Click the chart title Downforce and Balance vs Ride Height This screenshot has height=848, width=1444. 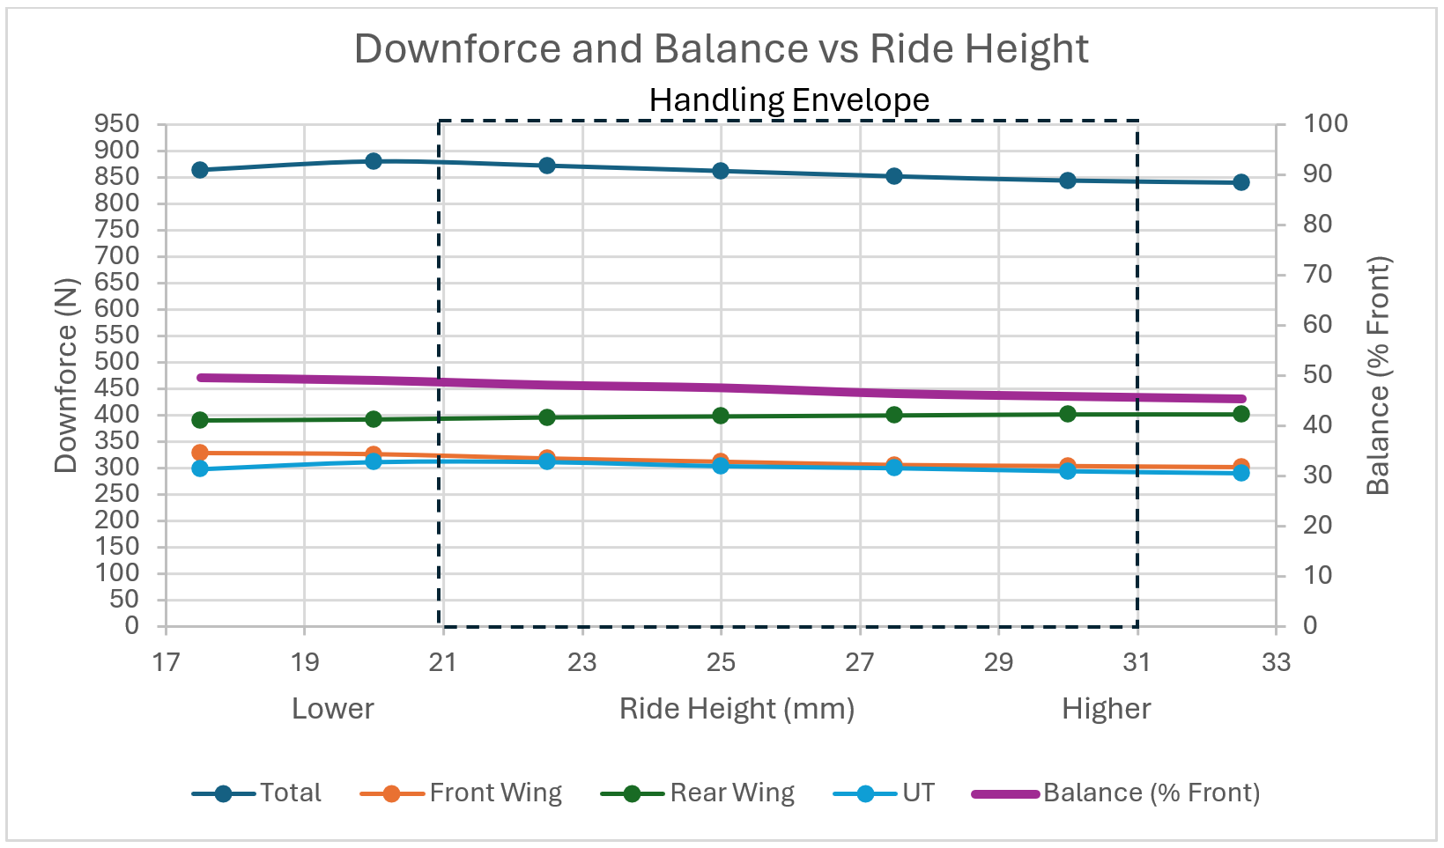pos(721,49)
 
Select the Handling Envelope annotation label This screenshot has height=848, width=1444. pos(789,100)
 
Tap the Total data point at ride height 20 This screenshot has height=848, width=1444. pos(374,161)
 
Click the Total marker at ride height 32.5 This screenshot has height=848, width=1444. pos(1240,182)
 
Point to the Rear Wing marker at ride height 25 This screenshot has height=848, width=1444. pos(721,416)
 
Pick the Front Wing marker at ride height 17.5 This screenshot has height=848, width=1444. pos(200,453)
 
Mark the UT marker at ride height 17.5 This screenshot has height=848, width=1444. pos(200,468)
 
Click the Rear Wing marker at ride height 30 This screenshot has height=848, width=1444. pos(1068,414)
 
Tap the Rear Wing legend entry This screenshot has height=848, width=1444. pos(697,793)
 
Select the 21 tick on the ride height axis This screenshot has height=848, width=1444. pos(443,662)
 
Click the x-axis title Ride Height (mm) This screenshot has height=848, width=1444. pos(737,709)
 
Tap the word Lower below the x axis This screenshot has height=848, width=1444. pos(332,709)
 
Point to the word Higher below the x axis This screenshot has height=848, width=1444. pos(1106,709)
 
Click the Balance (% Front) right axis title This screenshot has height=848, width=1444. pos(1377,376)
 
